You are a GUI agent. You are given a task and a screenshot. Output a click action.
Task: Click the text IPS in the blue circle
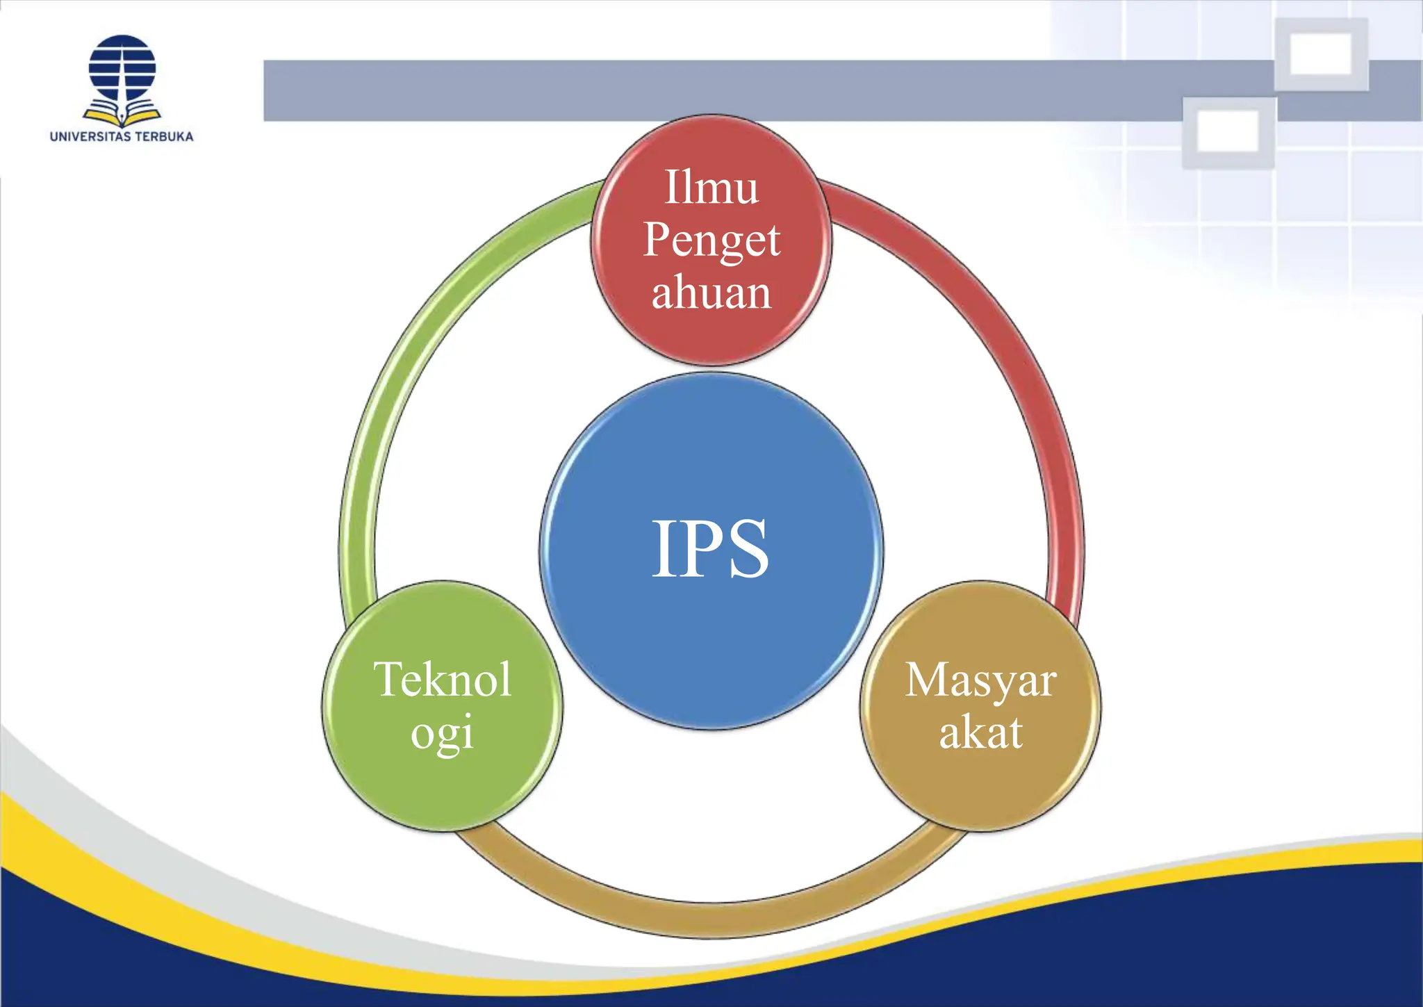710,549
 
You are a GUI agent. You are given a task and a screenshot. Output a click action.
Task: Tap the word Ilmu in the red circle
711,188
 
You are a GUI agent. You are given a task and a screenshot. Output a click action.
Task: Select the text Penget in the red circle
711,240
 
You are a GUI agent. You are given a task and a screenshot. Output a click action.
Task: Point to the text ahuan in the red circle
711,293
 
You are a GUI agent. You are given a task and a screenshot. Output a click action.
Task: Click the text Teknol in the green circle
443,680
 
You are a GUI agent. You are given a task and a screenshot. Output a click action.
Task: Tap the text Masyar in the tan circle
980,680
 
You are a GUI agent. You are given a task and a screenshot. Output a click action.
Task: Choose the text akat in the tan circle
980,732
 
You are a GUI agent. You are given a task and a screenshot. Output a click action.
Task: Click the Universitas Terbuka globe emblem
122,68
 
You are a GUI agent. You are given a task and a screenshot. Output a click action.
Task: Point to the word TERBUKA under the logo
164,137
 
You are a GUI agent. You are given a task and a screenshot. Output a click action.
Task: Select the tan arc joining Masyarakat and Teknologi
711,919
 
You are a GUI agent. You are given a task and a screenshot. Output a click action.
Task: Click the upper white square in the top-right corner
1321,54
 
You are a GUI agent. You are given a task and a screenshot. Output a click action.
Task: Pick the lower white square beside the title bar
1228,131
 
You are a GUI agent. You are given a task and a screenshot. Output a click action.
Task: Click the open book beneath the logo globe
122,113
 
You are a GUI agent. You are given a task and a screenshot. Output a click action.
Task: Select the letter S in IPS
747,549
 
